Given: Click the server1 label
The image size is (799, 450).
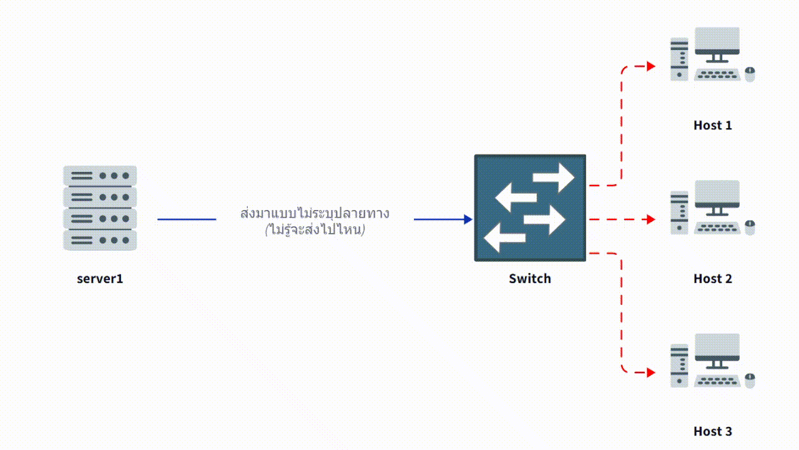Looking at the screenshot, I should (x=100, y=279).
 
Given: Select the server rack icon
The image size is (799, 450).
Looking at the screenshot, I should (x=100, y=208).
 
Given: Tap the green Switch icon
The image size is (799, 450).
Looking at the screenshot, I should (x=530, y=207).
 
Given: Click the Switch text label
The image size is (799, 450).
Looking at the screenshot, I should (x=530, y=279).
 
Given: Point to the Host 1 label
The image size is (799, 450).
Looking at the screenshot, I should (x=712, y=126).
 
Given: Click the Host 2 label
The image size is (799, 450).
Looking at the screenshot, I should (x=712, y=279).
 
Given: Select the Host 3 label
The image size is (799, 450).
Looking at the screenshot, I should (x=712, y=432).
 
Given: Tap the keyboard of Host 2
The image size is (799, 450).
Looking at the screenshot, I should (x=717, y=228).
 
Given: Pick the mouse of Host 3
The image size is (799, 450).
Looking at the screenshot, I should (x=750, y=381).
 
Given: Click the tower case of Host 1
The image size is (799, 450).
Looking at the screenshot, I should (x=679, y=59).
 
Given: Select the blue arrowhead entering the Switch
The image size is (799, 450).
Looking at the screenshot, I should (x=468, y=219).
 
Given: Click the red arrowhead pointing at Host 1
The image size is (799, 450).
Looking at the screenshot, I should (x=651, y=66).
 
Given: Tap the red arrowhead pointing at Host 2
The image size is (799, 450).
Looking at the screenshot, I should (x=651, y=219).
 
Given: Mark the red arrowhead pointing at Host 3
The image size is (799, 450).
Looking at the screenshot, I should (x=651, y=372).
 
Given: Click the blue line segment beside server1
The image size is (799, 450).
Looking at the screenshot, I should (x=186, y=219).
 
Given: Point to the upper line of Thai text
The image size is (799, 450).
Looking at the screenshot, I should (x=315, y=212).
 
